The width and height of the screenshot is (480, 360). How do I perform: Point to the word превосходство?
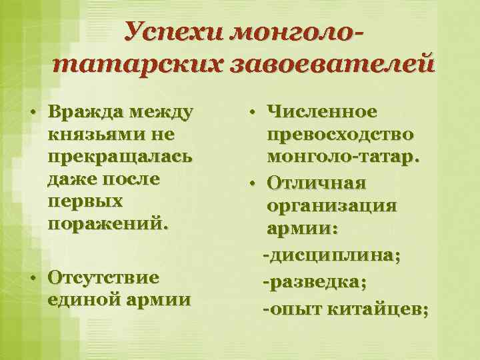tap(339, 134)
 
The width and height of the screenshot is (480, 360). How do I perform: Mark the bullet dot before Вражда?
tap(33, 111)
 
